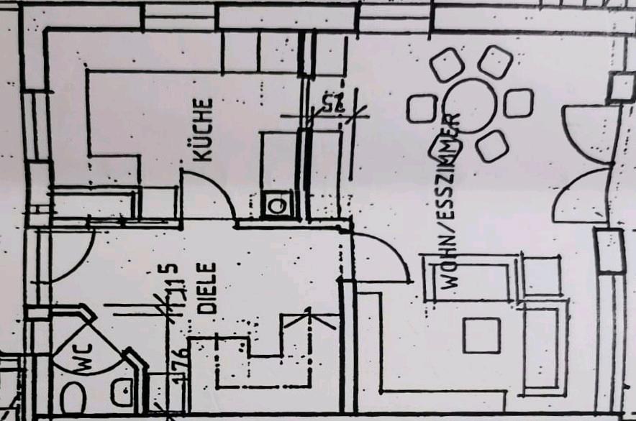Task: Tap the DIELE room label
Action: point(208,288)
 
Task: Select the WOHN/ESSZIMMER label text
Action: point(452,201)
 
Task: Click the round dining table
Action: point(472,106)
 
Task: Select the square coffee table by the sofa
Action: point(481,335)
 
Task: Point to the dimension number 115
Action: point(171,283)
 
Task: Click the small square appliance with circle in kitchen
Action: point(276,205)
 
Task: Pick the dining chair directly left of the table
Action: point(422,108)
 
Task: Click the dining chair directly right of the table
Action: point(518,103)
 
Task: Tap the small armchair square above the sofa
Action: point(542,275)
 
